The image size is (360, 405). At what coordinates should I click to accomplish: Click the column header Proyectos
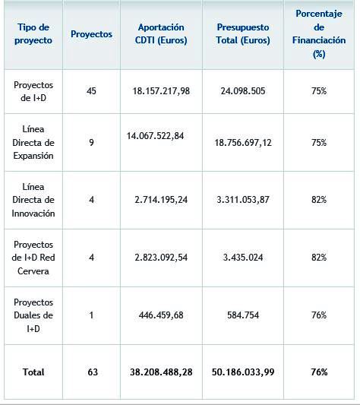(91, 34)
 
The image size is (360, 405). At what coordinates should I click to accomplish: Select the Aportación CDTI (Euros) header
(161, 34)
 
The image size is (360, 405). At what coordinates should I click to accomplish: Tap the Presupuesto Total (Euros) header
(243, 34)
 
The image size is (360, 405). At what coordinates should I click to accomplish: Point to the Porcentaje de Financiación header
(319, 33)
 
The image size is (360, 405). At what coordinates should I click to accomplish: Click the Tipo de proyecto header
(33, 34)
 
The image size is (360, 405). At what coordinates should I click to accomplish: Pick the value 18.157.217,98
(161, 91)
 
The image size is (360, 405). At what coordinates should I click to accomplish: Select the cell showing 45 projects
(91, 91)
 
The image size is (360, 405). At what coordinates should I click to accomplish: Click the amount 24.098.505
(243, 91)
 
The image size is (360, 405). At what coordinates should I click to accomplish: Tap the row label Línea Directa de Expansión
(33, 142)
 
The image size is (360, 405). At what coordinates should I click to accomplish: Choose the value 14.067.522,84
(155, 136)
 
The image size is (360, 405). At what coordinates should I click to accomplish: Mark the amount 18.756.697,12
(243, 143)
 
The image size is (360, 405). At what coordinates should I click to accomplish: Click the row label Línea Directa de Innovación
(33, 200)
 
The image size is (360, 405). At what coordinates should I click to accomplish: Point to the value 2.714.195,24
(161, 200)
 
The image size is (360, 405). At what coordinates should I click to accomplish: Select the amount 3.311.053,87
(243, 200)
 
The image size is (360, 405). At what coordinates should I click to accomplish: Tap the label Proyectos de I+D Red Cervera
(33, 258)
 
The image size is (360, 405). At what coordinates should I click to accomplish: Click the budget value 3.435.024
(243, 258)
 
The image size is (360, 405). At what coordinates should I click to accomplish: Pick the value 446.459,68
(161, 315)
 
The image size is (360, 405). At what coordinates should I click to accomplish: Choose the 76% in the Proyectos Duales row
(319, 315)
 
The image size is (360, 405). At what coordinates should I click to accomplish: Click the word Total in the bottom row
(33, 372)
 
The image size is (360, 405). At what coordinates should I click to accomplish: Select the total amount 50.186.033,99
(243, 372)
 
